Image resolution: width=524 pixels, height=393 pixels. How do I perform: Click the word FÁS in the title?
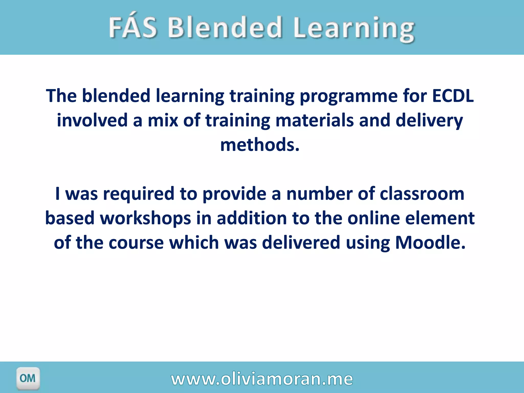coord(133,27)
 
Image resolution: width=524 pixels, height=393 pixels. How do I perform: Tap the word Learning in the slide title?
coord(354,29)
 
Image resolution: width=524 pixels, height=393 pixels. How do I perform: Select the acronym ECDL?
coord(453,96)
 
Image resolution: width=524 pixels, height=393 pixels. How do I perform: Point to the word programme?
coord(348,97)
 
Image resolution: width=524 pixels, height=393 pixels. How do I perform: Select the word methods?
coord(260,145)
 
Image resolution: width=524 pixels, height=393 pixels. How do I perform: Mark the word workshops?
coord(145,218)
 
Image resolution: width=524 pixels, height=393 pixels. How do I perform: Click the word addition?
coord(252,218)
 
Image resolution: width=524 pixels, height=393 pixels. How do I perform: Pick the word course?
coord(136,243)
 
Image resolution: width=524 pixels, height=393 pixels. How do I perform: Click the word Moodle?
coord(430,243)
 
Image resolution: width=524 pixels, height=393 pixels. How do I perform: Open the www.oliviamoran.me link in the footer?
coord(262,379)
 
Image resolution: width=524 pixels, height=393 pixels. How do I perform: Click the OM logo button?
coord(28,378)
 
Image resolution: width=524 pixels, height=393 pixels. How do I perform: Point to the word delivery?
coord(429,121)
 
